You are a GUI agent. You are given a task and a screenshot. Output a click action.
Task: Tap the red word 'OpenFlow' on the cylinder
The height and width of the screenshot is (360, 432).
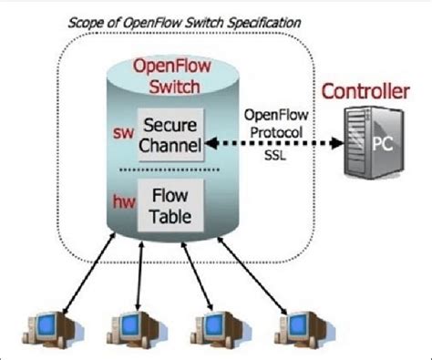click(170, 67)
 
